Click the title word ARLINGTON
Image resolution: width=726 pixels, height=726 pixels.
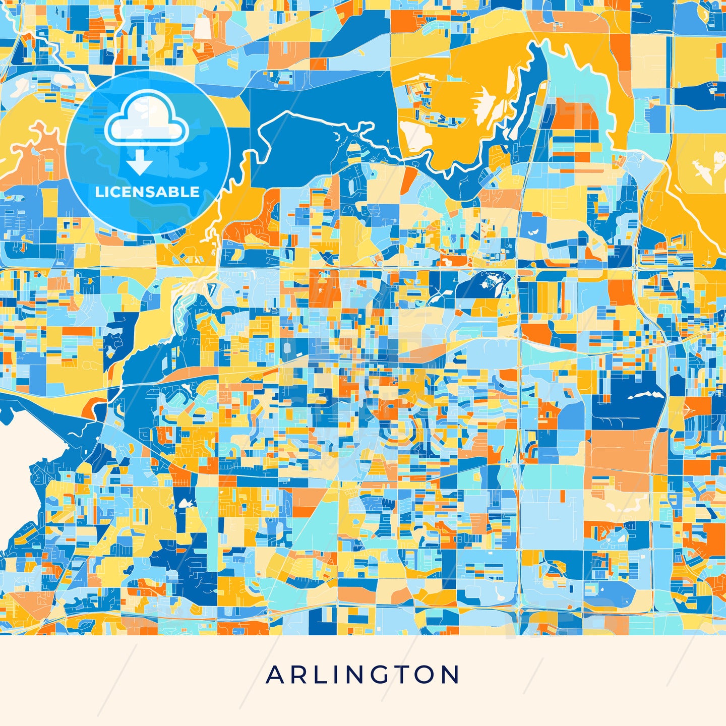point(362,675)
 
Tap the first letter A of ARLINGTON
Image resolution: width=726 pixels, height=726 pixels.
point(275,675)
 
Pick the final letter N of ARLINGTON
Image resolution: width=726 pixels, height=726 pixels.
point(450,675)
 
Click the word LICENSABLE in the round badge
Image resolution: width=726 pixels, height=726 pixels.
point(147,192)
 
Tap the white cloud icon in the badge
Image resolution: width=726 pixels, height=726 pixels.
point(146,118)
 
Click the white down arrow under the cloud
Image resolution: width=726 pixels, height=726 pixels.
point(140,162)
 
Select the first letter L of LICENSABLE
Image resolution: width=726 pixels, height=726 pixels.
point(99,192)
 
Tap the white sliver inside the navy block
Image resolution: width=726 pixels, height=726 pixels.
point(645,395)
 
